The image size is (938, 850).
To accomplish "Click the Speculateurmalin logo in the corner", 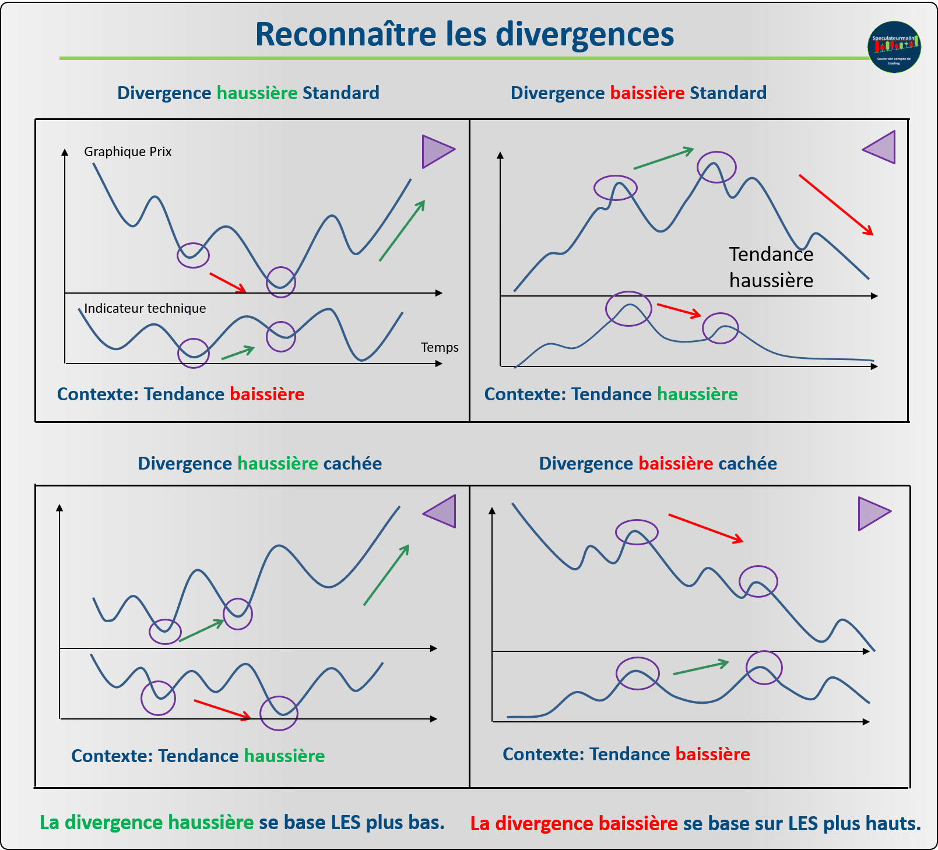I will point(894,47).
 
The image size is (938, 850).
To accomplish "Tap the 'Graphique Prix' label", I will point(128,152).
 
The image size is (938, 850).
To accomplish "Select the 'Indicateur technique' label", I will point(145,309).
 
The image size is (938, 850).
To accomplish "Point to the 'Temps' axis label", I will point(440,348).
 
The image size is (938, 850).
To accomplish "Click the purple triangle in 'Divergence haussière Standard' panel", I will point(437,151).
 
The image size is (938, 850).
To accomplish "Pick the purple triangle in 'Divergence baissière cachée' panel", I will point(873,514).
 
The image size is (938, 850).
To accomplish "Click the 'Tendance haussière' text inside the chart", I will point(771,267).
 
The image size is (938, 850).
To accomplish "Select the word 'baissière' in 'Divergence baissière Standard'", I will point(647,93).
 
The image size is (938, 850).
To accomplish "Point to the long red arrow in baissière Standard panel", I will point(836,204).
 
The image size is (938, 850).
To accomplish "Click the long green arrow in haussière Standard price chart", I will point(402,231).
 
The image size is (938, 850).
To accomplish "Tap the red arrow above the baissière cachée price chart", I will point(705,528).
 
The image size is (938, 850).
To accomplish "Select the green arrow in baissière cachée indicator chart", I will point(701,668).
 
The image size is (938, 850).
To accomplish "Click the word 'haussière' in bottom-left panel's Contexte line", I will point(284,756).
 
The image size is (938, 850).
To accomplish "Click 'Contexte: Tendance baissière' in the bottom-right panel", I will point(626,754).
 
